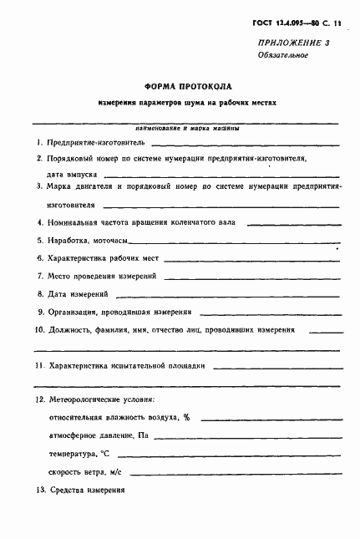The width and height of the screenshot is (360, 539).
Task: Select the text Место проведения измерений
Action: (101, 276)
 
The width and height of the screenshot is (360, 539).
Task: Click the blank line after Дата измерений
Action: (226, 295)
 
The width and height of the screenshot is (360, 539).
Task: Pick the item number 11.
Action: (39, 366)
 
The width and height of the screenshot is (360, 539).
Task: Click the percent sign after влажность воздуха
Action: (187, 417)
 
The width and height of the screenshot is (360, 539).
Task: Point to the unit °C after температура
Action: (104, 453)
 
